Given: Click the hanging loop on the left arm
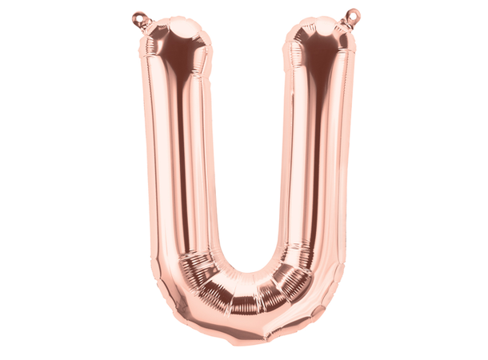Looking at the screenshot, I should [140, 17].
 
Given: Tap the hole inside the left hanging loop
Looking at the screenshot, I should [138, 15].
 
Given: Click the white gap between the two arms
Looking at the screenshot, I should [244, 144].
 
